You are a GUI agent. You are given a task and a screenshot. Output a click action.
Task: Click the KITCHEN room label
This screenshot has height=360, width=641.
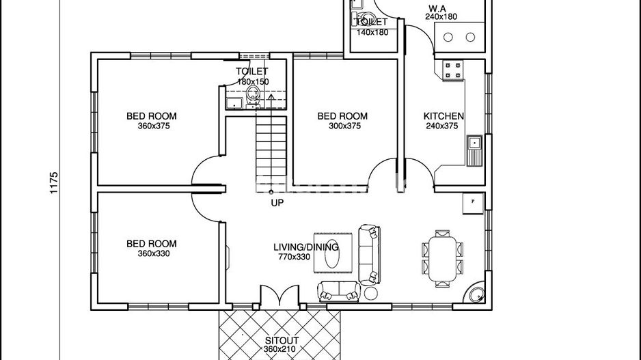point(444,116)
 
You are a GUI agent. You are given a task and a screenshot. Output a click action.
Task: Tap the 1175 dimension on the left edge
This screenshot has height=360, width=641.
point(55,182)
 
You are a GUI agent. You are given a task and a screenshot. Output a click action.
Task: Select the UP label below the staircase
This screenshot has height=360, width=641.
point(277,203)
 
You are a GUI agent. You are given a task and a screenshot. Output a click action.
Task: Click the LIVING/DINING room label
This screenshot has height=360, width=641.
point(301,247)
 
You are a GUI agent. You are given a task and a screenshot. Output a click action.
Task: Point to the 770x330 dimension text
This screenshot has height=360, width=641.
point(295,258)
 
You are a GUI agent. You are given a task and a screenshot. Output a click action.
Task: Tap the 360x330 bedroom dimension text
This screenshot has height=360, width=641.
point(152,253)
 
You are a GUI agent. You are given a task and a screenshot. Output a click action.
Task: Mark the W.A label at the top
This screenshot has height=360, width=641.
point(437,8)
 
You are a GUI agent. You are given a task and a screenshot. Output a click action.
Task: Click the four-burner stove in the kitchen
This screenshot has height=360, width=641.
point(453,70)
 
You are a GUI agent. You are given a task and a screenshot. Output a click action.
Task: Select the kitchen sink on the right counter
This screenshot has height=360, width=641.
point(474,143)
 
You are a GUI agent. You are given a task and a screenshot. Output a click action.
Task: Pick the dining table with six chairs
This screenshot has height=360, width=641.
point(441,257)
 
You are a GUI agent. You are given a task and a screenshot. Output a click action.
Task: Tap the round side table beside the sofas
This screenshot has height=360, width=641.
point(371,294)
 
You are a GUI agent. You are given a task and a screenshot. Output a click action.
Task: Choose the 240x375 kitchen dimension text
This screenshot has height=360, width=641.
point(441,126)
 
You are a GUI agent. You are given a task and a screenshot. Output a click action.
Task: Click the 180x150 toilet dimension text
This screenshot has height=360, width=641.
point(253,81)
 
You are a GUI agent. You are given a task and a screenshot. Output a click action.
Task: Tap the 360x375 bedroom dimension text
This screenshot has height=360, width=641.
point(152,126)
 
